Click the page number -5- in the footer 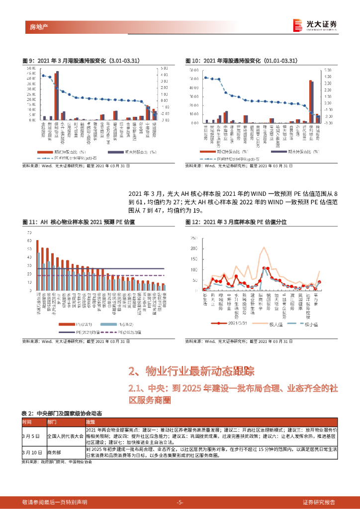[180, 502]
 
